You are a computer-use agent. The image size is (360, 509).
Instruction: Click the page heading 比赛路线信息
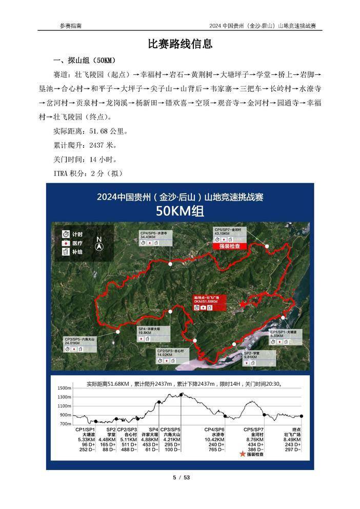click(180, 44)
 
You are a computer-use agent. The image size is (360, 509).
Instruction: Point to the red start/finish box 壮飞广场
click(210, 302)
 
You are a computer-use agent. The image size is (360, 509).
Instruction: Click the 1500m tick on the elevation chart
click(64, 388)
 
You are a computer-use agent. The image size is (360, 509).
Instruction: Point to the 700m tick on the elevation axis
click(65, 424)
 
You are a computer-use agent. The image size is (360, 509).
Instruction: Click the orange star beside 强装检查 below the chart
click(242, 454)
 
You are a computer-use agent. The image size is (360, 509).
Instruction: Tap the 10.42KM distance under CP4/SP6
click(214, 439)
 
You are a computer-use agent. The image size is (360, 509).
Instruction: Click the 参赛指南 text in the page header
click(70, 26)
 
